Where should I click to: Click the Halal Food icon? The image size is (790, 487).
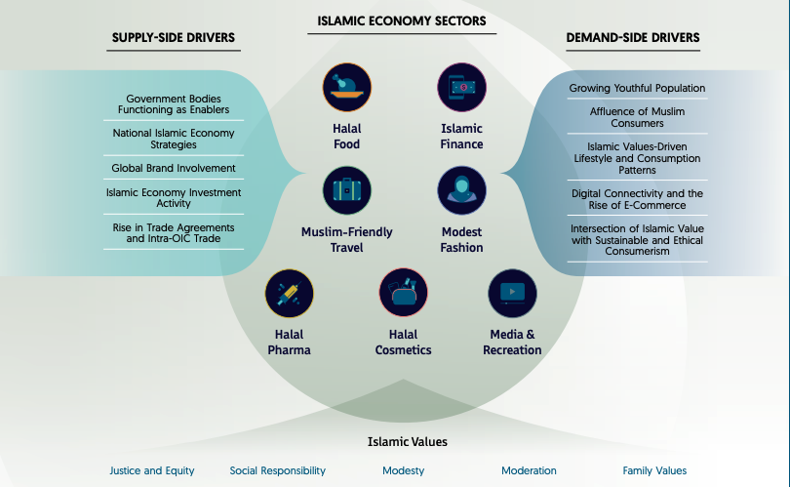pos(346,87)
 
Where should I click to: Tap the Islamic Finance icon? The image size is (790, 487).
pos(461,87)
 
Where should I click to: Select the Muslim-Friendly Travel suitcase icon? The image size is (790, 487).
pos(346,190)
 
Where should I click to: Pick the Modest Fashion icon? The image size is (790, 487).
pos(461,190)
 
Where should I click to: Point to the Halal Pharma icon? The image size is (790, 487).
pos(289,294)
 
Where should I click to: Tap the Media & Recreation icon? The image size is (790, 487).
pos(512,294)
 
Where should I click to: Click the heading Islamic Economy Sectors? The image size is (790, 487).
pos(402,20)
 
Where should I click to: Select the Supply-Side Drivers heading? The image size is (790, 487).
pos(173,38)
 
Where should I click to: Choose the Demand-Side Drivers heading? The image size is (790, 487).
pos(632,38)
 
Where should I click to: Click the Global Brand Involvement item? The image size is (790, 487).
pos(174,168)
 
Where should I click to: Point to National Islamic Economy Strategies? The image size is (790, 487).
pos(174,139)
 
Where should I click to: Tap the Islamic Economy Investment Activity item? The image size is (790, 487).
pos(174,198)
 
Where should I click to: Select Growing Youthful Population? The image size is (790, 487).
pos(637,88)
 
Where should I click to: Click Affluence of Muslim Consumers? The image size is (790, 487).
pos(637,117)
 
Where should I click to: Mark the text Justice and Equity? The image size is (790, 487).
pos(152,470)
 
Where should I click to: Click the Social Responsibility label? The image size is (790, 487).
pos(278,470)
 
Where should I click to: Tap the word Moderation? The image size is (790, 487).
pos(529,470)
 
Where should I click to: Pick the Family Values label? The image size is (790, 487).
pos(654,470)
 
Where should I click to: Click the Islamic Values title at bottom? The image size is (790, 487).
pos(407,442)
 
